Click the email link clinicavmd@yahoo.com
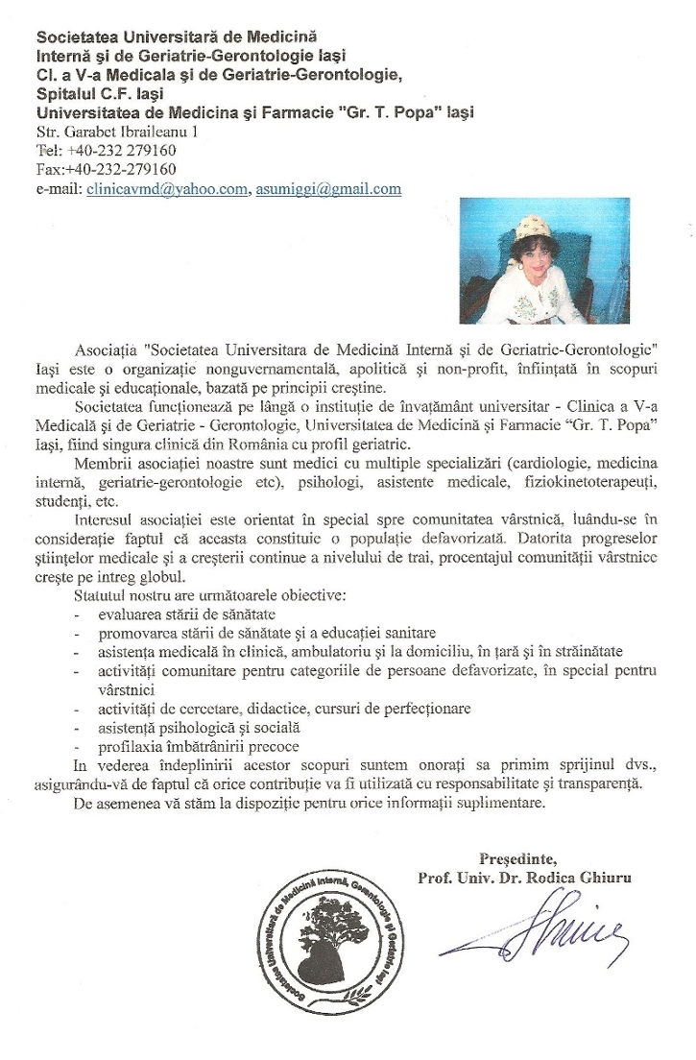pos(167,189)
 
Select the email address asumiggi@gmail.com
pos(328,189)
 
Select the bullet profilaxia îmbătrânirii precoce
pos(199,746)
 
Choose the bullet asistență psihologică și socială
pos(200,728)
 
